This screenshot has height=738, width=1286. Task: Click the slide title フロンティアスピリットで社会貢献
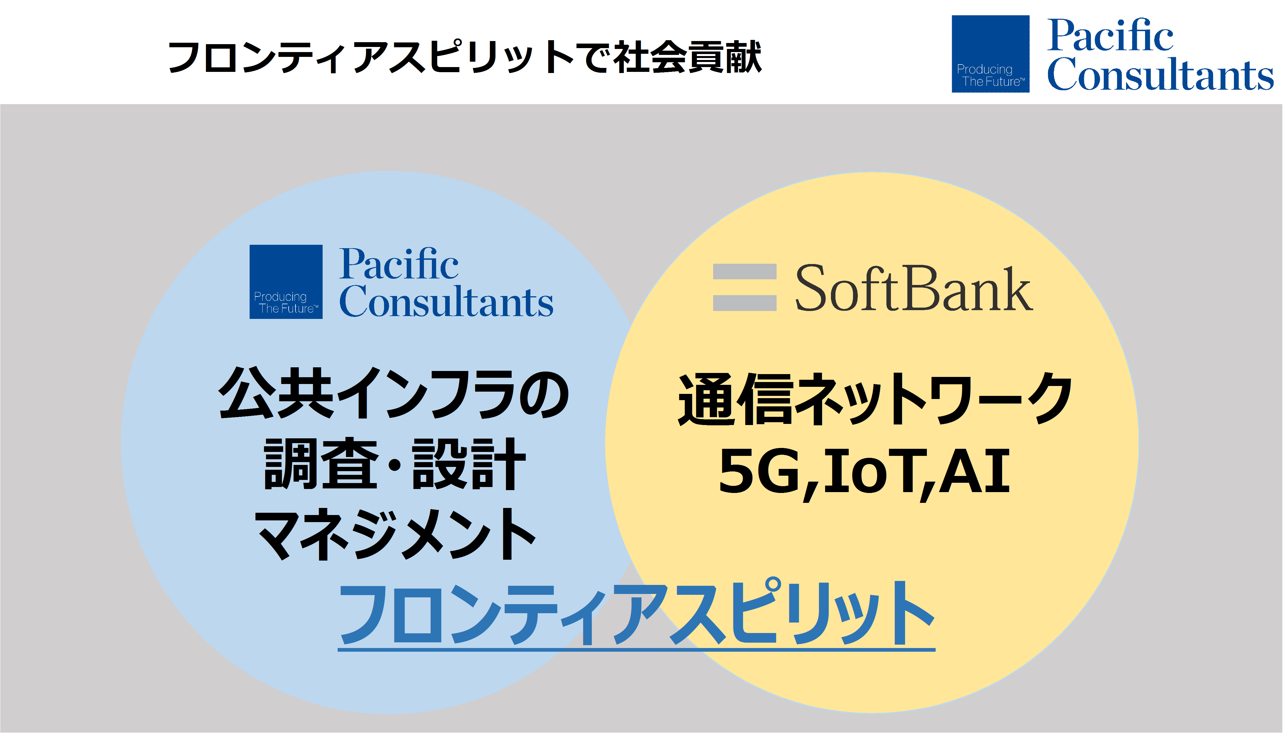point(465,57)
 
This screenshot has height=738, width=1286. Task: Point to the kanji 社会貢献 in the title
point(688,57)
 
